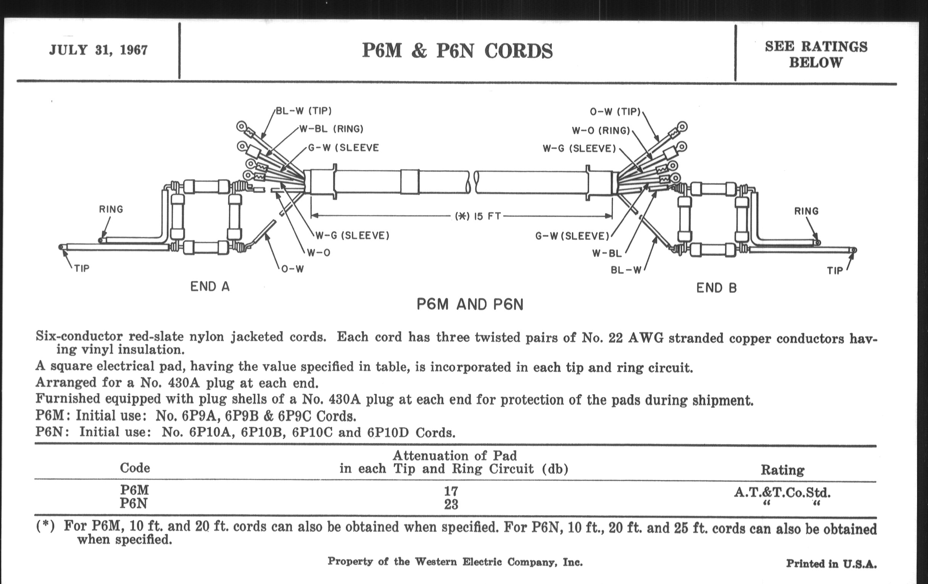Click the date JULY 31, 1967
pos(98,50)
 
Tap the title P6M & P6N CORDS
pos(457,51)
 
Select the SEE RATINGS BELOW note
pos(816,54)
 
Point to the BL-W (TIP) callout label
pos(304,111)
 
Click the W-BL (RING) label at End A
pos(332,129)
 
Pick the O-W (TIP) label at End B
pos(615,112)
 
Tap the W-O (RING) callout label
pos(601,131)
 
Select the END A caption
pos(210,287)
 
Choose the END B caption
pos(717,288)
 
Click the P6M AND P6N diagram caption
pos(470,305)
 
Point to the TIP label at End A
pos(82,268)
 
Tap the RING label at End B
pos(806,211)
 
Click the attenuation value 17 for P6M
pos(451,491)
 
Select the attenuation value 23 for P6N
pos(451,504)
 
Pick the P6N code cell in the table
pos(134,503)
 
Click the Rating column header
pos(782,470)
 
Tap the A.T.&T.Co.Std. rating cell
pos(782,492)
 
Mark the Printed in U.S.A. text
pos(831,564)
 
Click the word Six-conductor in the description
pos(79,337)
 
